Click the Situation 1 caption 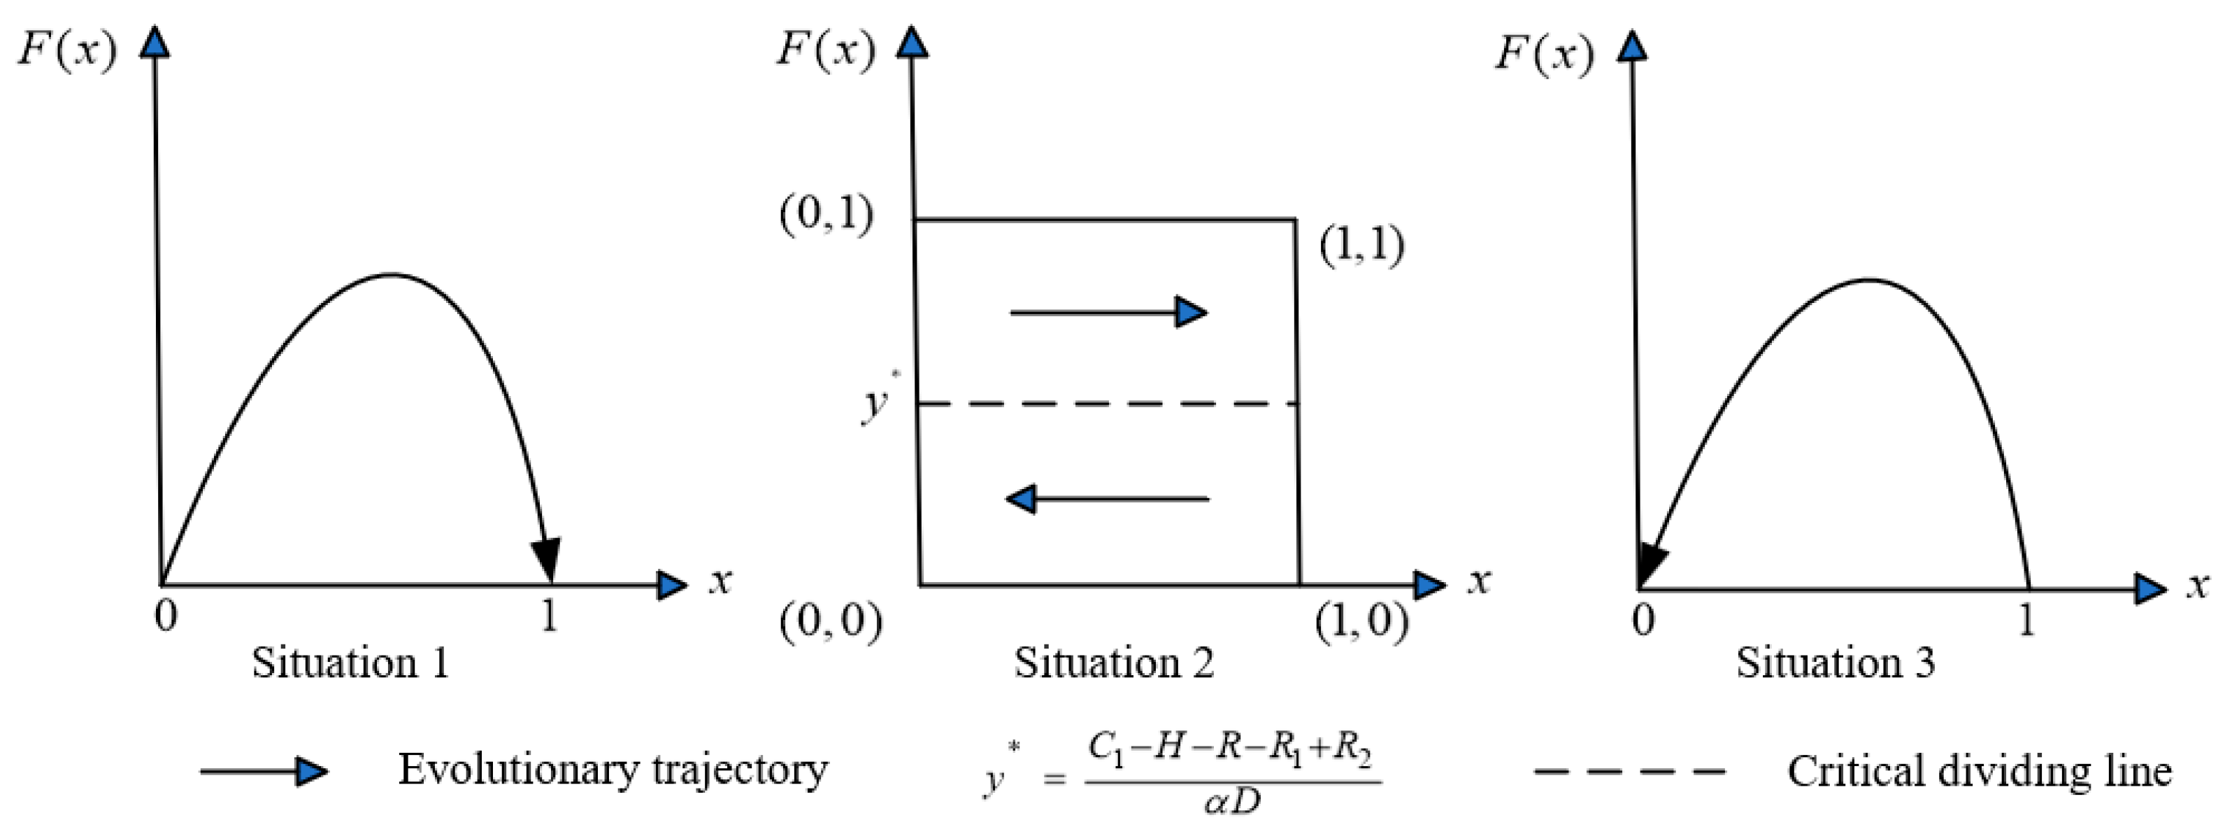click(351, 663)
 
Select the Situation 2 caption click(1115, 663)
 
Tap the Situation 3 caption click(1835, 663)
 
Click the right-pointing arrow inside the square click(1109, 312)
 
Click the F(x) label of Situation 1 click(66, 50)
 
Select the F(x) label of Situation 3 click(1544, 54)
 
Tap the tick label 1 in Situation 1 click(548, 616)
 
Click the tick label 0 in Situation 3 click(1643, 620)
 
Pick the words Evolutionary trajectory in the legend click(613, 770)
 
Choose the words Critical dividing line click(1980, 771)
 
